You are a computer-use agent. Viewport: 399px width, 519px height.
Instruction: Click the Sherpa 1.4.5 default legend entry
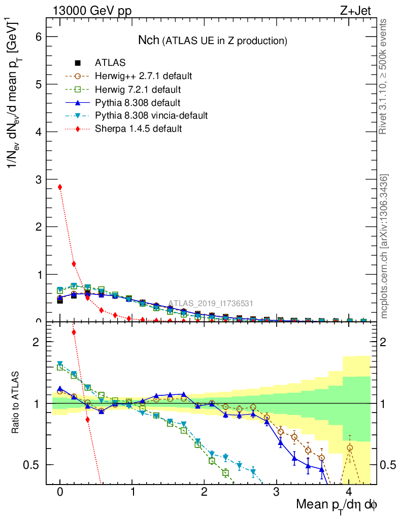pyautogui.click(x=138, y=129)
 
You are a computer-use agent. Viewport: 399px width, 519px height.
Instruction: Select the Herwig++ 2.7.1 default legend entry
pyautogui.click(x=143, y=77)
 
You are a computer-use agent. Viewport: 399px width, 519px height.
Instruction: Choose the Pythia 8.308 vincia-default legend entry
pyautogui.click(x=151, y=116)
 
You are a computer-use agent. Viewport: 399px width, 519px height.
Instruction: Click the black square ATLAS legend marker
pyautogui.click(x=78, y=63)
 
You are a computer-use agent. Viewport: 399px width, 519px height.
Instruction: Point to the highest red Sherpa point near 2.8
pyautogui.click(x=60, y=187)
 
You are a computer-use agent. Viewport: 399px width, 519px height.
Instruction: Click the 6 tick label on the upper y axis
pyautogui.click(x=38, y=37)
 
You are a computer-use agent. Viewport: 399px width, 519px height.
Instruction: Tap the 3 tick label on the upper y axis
pyautogui.click(x=38, y=179)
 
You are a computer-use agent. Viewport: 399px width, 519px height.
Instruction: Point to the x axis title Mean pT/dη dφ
pyautogui.click(x=337, y=505)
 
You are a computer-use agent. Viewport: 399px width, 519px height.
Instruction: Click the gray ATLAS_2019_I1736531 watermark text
pyautogui.click(x=211, y=303)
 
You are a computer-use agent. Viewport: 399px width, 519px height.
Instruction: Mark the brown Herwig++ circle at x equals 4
pyautogui.click(x=349, y=448)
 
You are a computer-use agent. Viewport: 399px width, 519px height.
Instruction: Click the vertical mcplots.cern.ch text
pyautogui.click(x=384, y=246)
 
